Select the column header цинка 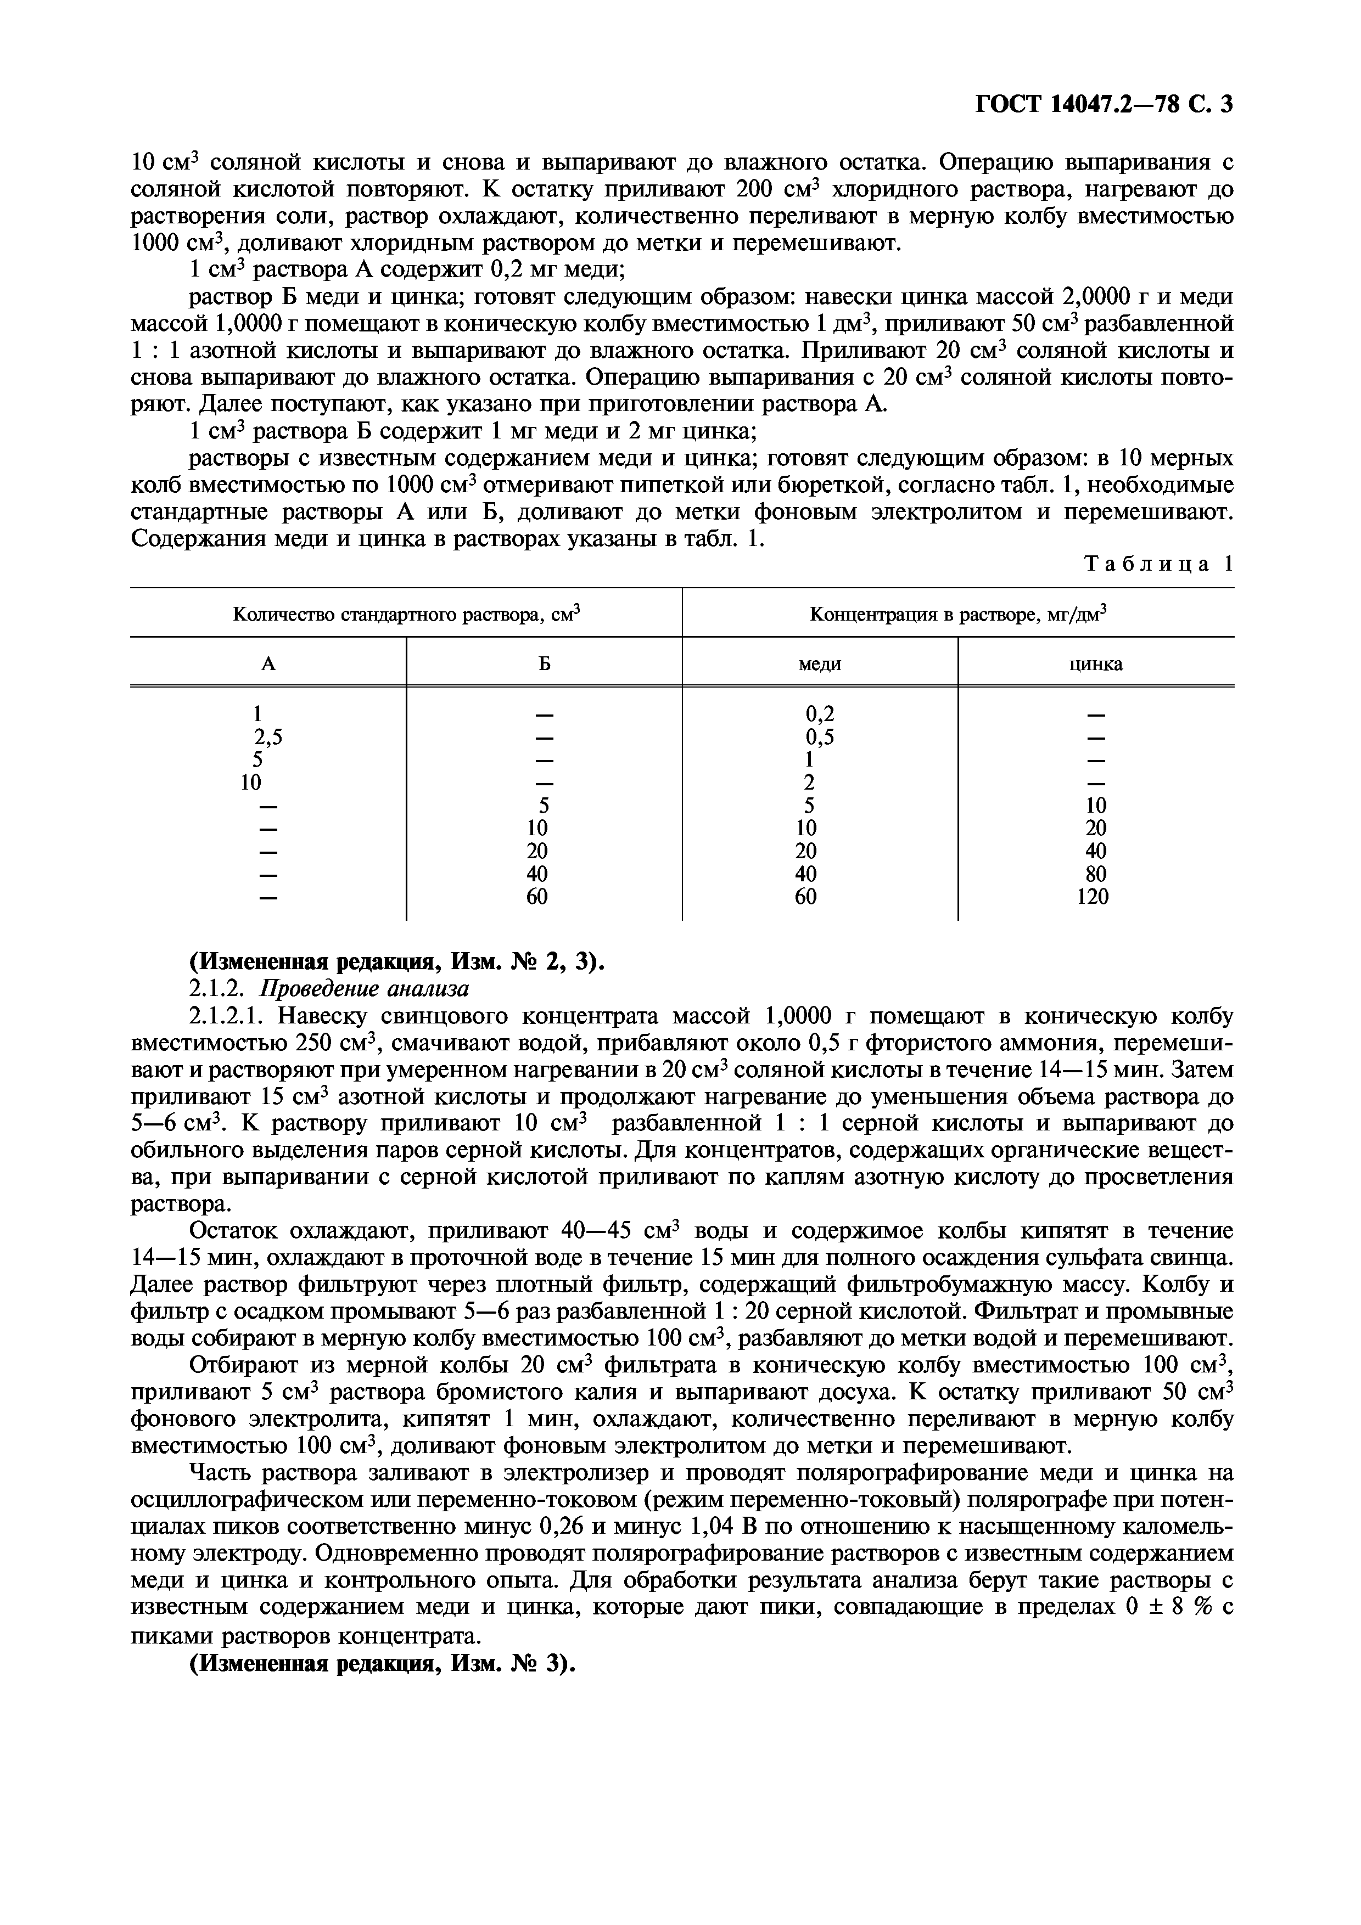click(1095, 664)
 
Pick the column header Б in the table click(544, 664)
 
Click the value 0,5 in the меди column click(819, 737)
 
